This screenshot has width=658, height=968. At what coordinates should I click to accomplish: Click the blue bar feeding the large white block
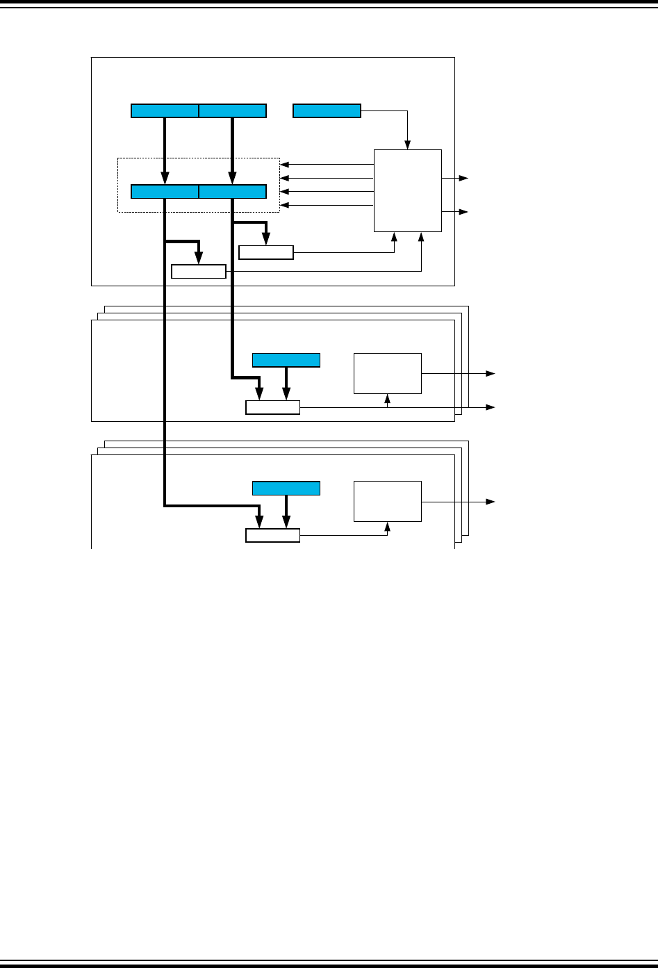click(327, 110)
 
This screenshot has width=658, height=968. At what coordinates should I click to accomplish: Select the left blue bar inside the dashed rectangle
click(165, 192)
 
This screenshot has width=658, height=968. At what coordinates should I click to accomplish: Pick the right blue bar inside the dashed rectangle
click(232, 192)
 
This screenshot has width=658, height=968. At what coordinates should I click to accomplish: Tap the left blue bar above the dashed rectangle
click(165, 110)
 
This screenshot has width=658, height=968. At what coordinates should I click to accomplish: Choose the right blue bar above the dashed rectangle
click(232, 110)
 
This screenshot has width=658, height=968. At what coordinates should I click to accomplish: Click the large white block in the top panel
click(407, 190)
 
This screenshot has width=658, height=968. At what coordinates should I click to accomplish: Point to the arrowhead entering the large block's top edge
click(408, 145)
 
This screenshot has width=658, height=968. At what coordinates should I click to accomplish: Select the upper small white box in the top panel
click(266, 252)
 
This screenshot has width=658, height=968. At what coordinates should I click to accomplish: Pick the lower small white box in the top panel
click(199, 271)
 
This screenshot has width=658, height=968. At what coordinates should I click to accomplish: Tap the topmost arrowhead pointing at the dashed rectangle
click(284, 165)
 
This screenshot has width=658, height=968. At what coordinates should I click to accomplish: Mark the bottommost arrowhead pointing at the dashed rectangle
click(284, 205)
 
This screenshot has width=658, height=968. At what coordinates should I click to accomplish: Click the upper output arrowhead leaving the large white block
click(465, 179)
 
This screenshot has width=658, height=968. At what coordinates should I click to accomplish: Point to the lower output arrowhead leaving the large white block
click(465, 211)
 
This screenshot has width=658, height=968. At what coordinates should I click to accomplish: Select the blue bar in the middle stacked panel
click(286, 360)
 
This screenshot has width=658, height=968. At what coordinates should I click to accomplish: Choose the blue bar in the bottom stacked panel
click(286, 488)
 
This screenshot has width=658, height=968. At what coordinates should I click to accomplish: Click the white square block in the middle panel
click(387, 373)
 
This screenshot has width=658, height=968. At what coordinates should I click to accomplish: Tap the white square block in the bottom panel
click(387, 501)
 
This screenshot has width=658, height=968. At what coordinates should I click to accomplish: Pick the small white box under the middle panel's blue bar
click(272, 407)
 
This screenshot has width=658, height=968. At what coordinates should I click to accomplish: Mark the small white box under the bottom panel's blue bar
click(272, 535)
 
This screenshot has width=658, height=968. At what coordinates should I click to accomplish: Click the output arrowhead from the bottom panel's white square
click(491, 501)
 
